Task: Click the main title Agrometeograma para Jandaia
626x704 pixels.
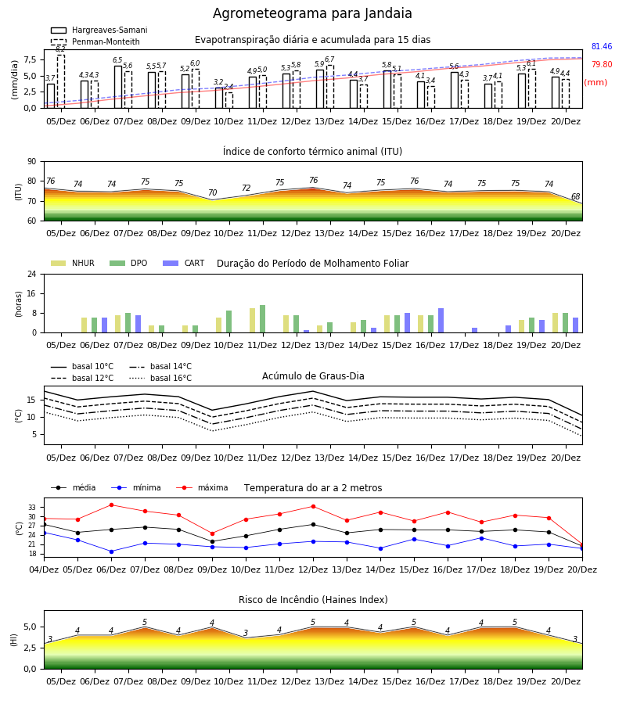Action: point(312,13)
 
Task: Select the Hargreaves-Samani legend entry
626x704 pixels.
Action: point(99,30)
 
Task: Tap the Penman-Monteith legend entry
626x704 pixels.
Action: point(95,41)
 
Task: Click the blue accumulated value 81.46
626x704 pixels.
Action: point(601,46)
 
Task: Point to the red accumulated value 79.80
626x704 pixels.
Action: point(601,64)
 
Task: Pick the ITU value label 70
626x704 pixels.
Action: point(212,192)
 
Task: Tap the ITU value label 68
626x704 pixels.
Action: point(575,196)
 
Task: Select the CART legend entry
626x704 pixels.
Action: point(183,263)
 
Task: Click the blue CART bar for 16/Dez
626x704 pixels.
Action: point(441,321)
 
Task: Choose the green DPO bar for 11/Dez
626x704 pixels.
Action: point(263,319)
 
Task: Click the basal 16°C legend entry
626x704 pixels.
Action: point(160,378)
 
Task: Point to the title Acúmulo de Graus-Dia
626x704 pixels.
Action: point(313,376)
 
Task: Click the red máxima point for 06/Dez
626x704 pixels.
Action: point(111,505)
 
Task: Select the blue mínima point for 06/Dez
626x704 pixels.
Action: point(111,551)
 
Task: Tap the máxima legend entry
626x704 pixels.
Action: point(202,487)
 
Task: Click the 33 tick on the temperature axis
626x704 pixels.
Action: point(32,508)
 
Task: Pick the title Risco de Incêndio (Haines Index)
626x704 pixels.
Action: point(313,600)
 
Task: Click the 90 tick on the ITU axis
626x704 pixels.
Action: point(32,162)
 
